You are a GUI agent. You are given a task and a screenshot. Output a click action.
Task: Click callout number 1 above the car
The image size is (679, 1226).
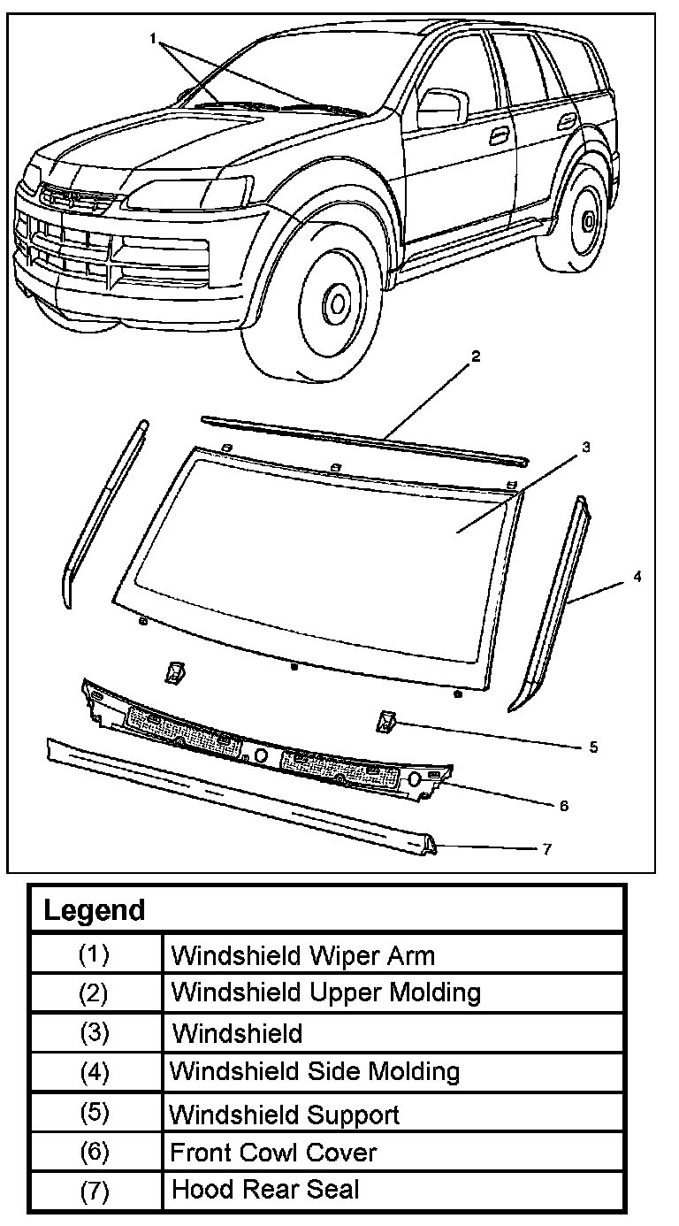(153, 39)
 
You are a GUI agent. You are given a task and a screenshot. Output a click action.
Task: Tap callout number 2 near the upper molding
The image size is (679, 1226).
(475, 356)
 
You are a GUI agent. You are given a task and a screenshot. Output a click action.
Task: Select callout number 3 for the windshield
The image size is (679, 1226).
(585, 448)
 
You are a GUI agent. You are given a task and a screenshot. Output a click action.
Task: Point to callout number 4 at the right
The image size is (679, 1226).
(637, 577)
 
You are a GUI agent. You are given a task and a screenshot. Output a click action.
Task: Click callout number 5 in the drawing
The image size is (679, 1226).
(593, 747)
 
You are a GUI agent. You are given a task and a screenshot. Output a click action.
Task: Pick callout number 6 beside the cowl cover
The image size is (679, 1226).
(563, 806)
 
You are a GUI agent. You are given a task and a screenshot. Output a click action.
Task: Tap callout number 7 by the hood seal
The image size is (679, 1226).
(547, 849)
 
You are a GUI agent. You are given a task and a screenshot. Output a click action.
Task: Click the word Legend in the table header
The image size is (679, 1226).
(94, 910)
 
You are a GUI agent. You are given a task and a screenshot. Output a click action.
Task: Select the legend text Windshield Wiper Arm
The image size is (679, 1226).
(302, 955)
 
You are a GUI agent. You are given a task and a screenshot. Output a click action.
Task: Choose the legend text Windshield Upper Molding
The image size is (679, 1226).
(325, 992)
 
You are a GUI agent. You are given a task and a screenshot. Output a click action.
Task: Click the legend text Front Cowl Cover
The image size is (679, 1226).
(273, 1152)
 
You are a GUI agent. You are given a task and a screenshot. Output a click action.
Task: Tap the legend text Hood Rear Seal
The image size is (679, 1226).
(265, 1189)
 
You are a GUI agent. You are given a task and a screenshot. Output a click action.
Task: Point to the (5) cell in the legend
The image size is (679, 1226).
(94, 1113)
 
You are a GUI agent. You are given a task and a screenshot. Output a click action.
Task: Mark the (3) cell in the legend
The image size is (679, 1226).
(94, 1033)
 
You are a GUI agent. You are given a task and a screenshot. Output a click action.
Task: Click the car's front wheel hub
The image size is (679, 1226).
(336, 303)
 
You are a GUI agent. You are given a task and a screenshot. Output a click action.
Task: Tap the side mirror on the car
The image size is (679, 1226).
(439, 106)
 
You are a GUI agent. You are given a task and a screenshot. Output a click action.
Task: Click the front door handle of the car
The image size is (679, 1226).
(500, 134)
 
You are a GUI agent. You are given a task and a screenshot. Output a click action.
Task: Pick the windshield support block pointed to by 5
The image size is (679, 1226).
(385, 721)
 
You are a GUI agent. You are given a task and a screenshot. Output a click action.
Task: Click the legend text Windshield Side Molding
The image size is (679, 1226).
(314, 1072)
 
